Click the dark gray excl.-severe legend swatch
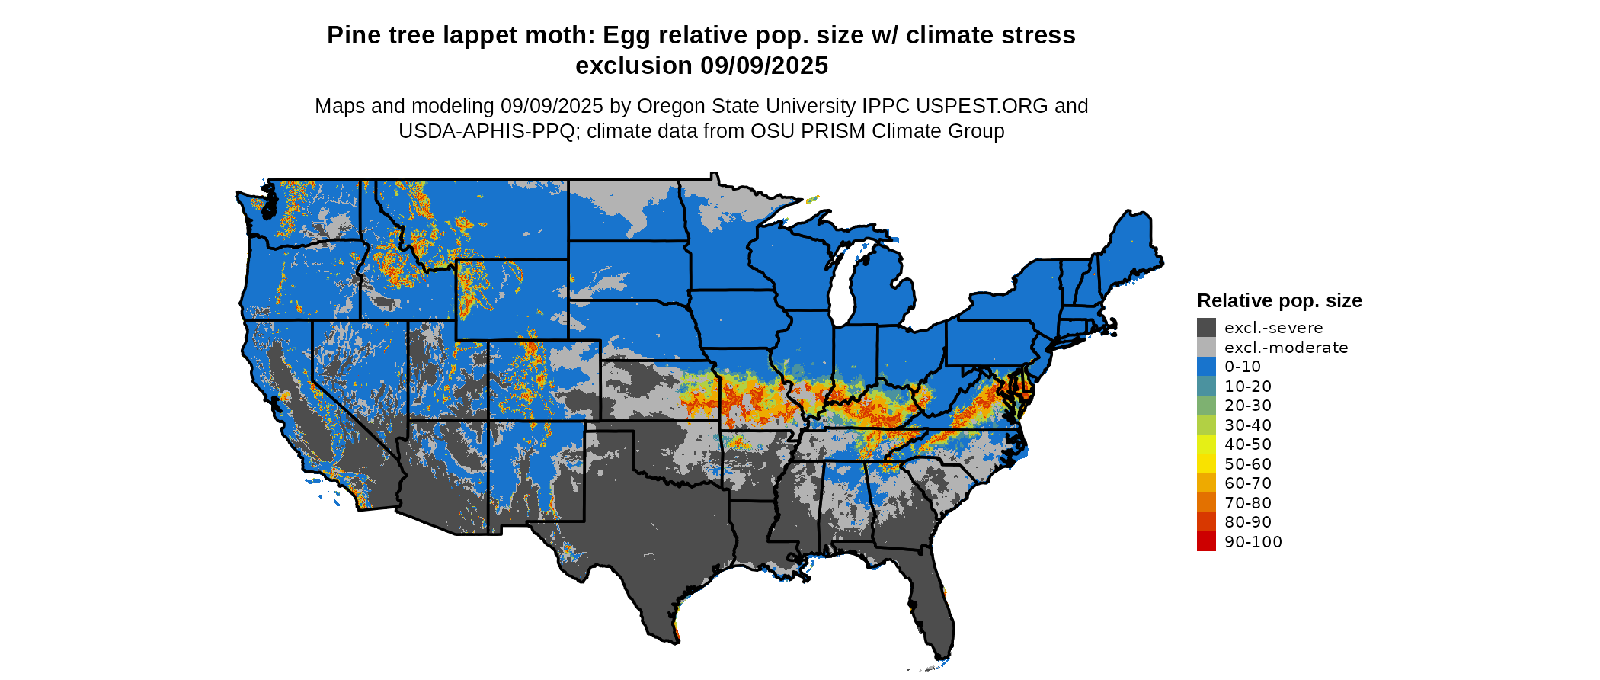pyautogui.click(x=1206, y=328)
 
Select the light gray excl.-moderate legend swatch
pyautogui.click(x=1206, y=348)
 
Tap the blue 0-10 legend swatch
pyautogui.click(x=1206, y=367)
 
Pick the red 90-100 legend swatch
pyautogui.click(x=1206, y=542)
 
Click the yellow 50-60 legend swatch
pyautogui.click(x=1206, y=464)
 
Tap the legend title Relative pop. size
pyautogui.click(x=1279, y=301)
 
